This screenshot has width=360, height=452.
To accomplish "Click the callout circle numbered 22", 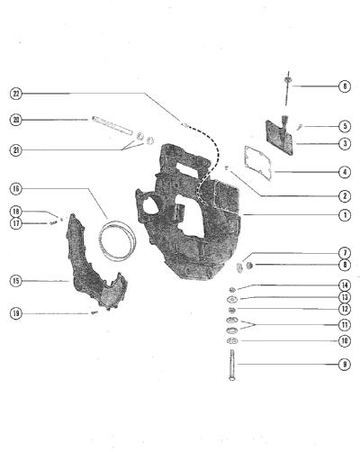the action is [x=16, y=94].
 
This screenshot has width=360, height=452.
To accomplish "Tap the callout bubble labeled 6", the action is [x=345, y=86].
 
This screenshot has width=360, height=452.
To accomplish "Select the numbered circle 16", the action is [x=16, y=189].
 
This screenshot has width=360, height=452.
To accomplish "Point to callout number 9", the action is [x=345, y=365].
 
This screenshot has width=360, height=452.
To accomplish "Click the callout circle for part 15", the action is [x=16, y=281].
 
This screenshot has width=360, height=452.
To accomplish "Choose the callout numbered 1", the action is [x=345, y=215].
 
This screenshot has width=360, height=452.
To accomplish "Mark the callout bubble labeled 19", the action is [x=16, y=314].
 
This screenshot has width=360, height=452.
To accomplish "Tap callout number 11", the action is [x=345, y=325].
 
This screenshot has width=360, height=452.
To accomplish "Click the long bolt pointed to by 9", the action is [x=232, y=365].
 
